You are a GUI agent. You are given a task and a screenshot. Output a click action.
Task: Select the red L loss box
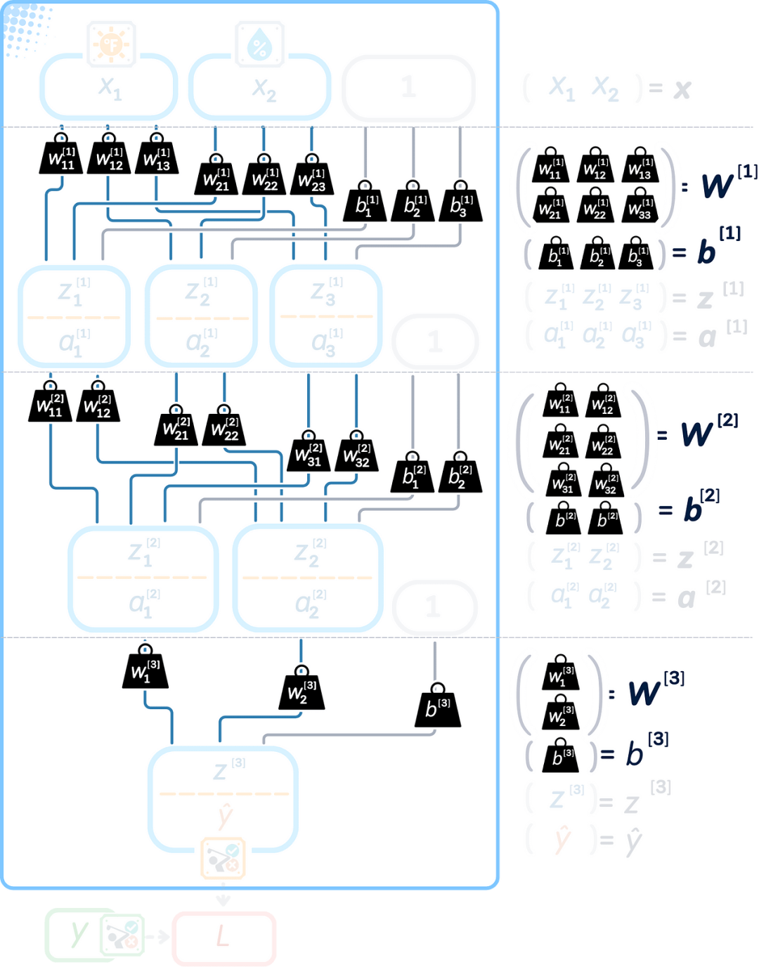[x=223, y=937]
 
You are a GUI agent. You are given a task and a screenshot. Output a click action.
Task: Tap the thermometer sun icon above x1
[x=110, y=44]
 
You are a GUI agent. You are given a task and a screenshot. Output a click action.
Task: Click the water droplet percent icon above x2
[x=259, y=44]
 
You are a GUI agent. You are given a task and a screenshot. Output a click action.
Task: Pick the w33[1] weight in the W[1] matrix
[x=640, y=206]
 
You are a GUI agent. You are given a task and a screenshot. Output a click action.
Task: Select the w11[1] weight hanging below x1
[x=61, y=156]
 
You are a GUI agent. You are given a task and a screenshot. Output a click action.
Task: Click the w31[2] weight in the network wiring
[x=309, y=454]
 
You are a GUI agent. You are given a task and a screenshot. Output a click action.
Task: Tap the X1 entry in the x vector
[x=562, y=88]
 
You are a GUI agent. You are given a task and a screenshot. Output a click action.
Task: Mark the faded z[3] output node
[x=223, y=799]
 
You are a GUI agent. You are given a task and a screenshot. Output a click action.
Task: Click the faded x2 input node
[x=260, y=87]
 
